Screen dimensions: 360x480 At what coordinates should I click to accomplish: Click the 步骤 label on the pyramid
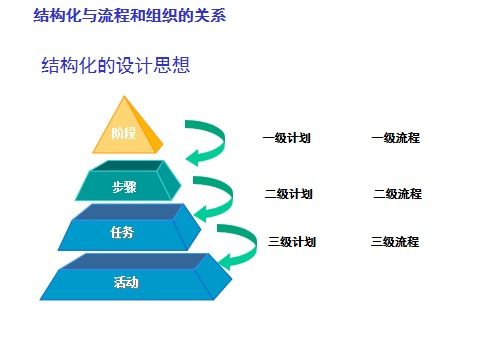point(124,186)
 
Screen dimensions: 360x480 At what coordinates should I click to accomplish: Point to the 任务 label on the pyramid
point(121,233)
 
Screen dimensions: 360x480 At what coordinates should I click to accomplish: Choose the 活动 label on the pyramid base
point(126,282)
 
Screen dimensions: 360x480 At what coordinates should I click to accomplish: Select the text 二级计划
point(289,193)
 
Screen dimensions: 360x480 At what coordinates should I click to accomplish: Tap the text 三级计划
point(293,241)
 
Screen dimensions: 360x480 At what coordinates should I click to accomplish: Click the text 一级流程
point(395,138)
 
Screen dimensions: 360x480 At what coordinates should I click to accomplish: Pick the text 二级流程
point(398,193)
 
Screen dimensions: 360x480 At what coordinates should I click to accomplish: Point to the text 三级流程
point(395,241)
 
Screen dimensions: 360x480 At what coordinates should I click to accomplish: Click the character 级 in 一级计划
point(281,138)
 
